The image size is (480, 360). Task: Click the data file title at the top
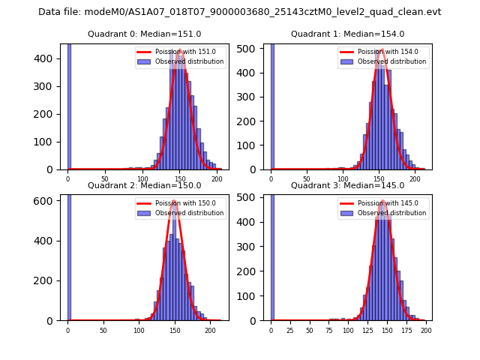(x=240, y=12)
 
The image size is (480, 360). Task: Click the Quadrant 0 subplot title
(x=144, y=34)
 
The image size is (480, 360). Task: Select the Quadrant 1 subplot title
(x=347, y=34)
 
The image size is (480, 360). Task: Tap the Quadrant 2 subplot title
(x=144, y=186)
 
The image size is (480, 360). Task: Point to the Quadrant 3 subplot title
(x=347, y=186)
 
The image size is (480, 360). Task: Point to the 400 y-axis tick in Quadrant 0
(x=49, y=58)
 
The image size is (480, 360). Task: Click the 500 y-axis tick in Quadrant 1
(x=252, y=50)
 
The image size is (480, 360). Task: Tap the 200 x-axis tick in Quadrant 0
(x=217, y=178)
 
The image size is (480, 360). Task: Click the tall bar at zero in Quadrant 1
(x=271, y=105)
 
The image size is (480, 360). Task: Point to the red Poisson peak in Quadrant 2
(x=175, y=201)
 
